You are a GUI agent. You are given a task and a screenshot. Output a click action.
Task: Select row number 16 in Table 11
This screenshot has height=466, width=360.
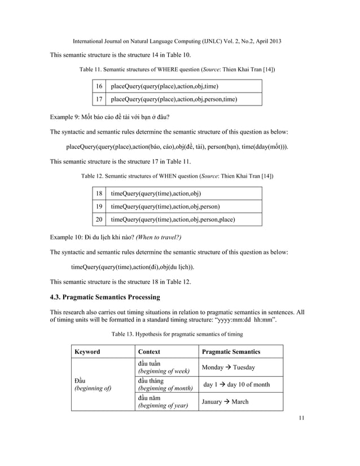point(99,86)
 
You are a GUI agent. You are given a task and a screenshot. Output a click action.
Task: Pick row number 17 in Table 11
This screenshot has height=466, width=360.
point(99,99)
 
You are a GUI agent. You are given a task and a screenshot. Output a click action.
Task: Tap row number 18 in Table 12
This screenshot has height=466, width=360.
point(99,193)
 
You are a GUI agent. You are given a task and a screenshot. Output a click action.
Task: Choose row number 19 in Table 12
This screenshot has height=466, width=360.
point(99,206)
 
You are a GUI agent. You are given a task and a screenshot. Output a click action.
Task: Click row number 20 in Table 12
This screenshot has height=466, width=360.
point(99,219)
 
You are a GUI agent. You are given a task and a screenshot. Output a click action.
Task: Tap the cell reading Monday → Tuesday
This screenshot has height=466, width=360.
point(229,367)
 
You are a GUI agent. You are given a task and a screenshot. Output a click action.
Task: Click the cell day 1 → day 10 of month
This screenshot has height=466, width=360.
point(236,385)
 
